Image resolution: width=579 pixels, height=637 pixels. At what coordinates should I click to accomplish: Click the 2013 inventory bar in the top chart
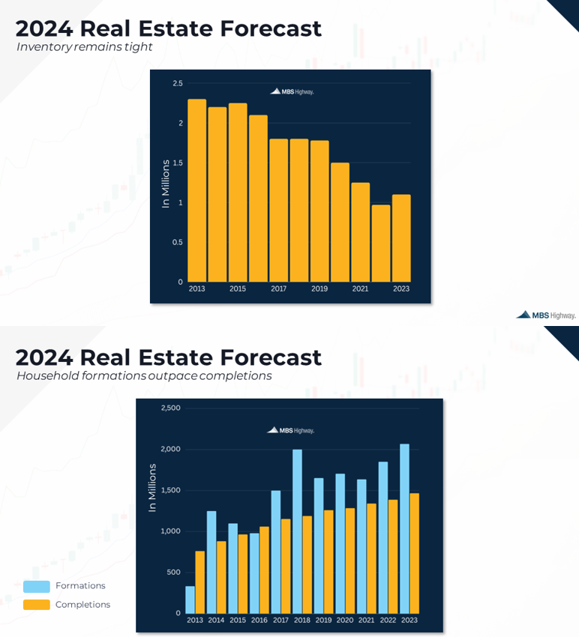tap(196, 190)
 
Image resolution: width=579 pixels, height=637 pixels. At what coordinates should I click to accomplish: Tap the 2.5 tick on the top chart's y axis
tap(178, 83)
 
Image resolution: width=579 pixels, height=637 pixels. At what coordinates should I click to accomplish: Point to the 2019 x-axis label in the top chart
tap(319, 289)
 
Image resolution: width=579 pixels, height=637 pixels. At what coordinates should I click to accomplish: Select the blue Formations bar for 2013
tap(190, 600)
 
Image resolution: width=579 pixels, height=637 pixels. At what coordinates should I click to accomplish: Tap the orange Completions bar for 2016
tap(264, 570)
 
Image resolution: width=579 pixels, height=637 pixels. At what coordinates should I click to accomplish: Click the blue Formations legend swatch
tap(37, 586)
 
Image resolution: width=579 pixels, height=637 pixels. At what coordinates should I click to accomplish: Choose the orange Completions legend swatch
tap(37, 605)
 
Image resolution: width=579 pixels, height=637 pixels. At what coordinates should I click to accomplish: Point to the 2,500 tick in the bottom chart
tap(170, 408)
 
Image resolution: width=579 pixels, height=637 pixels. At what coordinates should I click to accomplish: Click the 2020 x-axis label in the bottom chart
tap(346, 621)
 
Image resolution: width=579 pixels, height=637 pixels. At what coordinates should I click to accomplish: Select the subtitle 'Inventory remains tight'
tap(85, 47)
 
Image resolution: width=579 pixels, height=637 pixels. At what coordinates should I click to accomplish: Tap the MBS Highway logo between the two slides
tap(546, 316)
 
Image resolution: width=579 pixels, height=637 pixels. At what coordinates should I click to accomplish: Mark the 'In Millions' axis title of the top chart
tap(166, 184)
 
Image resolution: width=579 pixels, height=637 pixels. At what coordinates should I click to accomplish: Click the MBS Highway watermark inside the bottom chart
tap(291, 430)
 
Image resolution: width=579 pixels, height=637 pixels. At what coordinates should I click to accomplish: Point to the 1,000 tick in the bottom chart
tap(170, 531)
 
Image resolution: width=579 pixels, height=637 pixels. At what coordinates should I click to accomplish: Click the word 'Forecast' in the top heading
tap(271, 28)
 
